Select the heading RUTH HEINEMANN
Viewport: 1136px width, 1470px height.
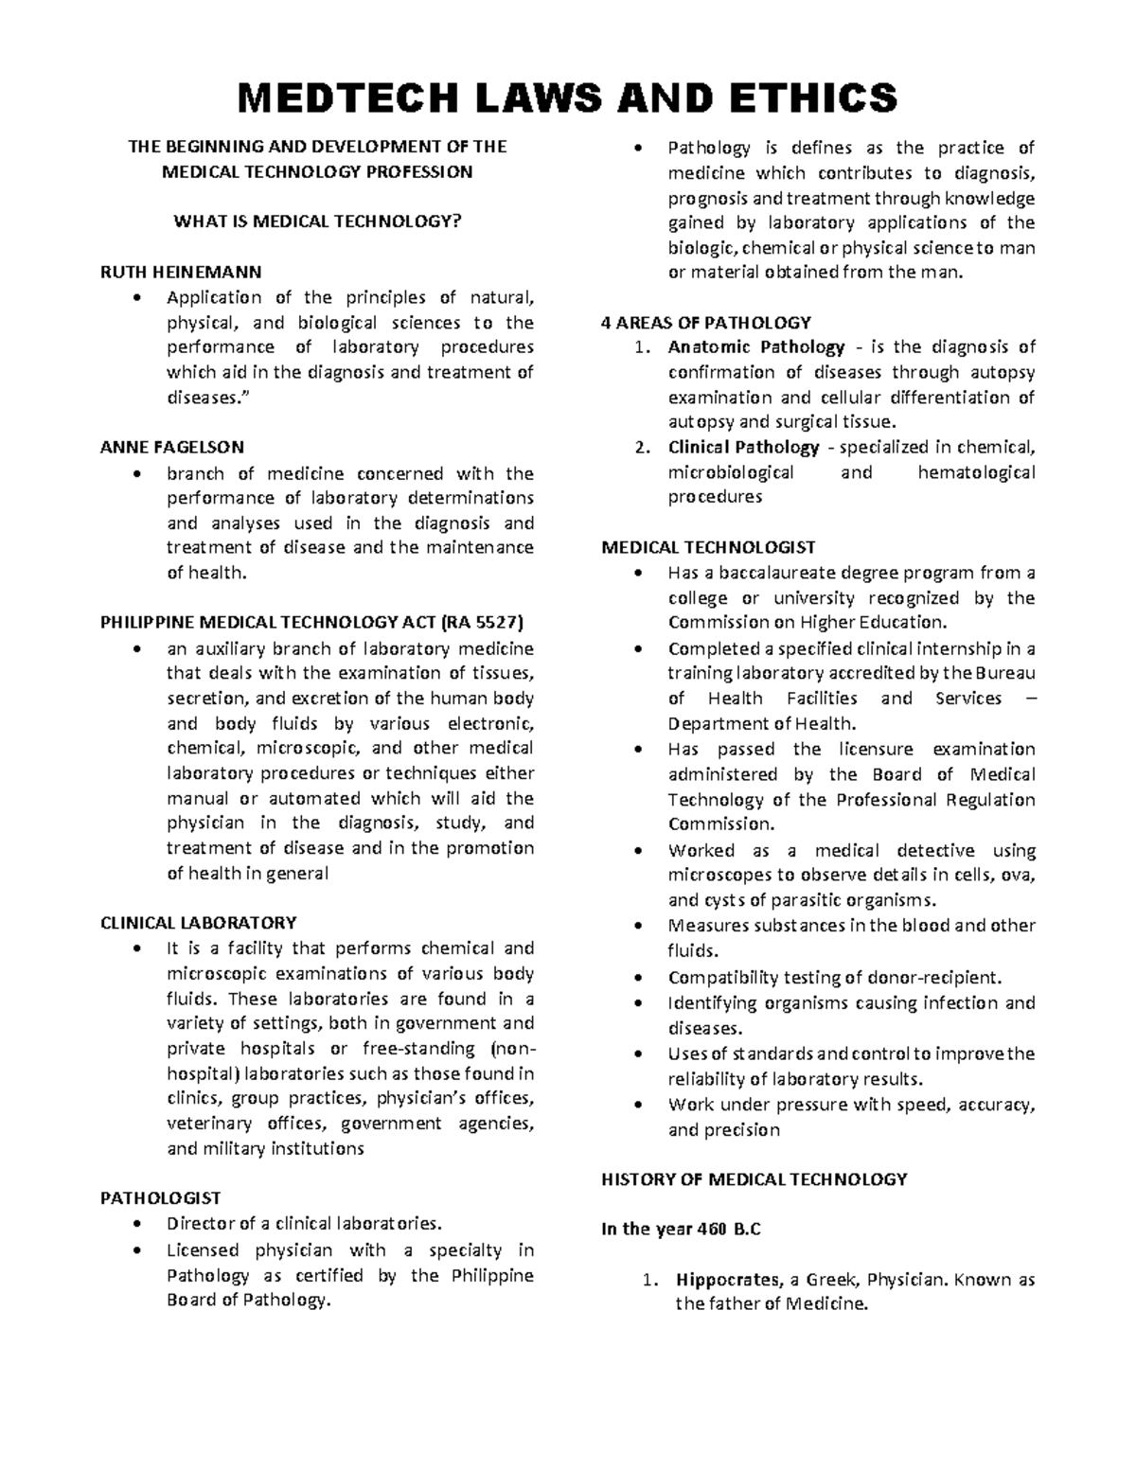[181, 272]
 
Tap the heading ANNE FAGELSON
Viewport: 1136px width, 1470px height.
[172, 448]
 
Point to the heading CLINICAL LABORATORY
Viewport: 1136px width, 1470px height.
[199, 922]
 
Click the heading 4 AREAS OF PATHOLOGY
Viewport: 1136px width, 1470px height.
[706, 322]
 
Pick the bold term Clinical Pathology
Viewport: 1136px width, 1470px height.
[743, 447]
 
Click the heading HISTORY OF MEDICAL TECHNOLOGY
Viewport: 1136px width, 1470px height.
[754, 1178]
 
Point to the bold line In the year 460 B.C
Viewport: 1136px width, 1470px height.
[681, 1230]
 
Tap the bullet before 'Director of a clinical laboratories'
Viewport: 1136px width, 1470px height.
[140, 1223]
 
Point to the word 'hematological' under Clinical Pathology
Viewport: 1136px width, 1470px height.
[976, 472]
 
